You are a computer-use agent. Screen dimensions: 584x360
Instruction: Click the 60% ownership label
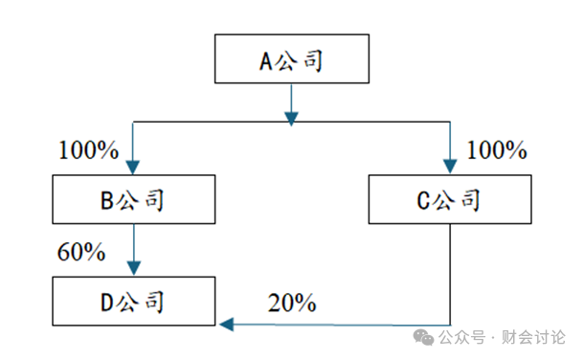click(x=81, y=252)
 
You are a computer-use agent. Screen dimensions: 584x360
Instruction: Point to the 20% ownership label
click(x=292, y=303)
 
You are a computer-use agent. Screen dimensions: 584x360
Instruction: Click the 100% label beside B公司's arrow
click(x=89, y=150)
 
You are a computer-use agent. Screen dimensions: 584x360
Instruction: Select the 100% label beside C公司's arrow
click(x=497, y=150)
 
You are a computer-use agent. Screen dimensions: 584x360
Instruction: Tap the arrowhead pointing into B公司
click(x=132, y=168)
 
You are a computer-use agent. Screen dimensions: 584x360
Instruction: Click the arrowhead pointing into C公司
click(x=450, y=167)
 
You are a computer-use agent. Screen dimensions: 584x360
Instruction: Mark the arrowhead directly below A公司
click(x=291, y=119)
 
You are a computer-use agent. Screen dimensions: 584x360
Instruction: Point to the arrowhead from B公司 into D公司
click(x=134, y=268)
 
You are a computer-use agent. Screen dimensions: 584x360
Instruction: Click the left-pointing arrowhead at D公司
click(x=227, y=325)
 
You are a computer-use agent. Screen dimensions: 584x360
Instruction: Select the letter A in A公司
click(x=266, y=61)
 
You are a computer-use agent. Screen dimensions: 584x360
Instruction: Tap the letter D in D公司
click(x=107, y=303)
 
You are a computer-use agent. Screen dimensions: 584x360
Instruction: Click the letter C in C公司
click(x=423, y=201)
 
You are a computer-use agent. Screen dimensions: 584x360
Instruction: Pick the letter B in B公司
click(x=107, y=201)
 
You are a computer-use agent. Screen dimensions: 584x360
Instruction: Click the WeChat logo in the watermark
click(x=423, y=337)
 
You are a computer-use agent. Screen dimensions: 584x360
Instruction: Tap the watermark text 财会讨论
click(x=533, y=337)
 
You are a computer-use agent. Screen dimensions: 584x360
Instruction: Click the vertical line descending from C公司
click(x=450, y=275)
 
